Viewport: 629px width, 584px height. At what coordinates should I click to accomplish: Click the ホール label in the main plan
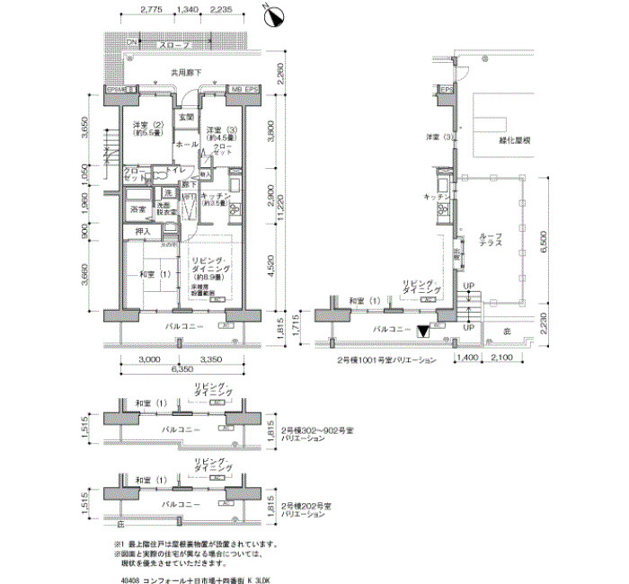(x=186, y=145)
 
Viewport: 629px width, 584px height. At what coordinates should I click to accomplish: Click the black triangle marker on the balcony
(x=423, y=332)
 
